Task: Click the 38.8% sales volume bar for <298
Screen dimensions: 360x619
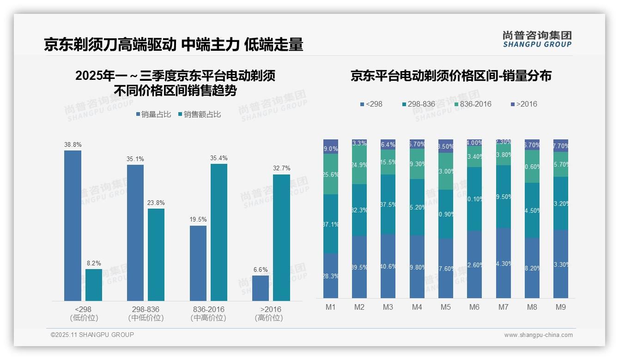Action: pos(73,226)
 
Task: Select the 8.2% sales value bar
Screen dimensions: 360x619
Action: pos(94,285)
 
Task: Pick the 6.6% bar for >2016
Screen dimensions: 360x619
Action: pos(261,288)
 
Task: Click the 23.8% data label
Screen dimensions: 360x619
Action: pos(156,203)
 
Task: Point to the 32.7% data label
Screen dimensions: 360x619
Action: pos(281,168)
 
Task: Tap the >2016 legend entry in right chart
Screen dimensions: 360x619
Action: pos(524,104)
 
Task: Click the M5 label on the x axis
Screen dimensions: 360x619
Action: pos(446,307)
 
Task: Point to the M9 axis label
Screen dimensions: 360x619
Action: pos(560,307)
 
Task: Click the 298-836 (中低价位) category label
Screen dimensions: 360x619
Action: pos(146,313)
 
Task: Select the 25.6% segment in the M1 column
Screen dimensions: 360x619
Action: pos(331,174)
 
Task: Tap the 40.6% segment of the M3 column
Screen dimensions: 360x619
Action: pos(388,266)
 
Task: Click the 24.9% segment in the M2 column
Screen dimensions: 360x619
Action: pos(359,165)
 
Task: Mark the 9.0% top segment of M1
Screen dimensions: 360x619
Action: pos(331,147)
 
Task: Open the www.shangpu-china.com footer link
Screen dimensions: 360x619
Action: pos(538,335)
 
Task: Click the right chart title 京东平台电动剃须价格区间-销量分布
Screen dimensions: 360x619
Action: pos(451,76)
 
